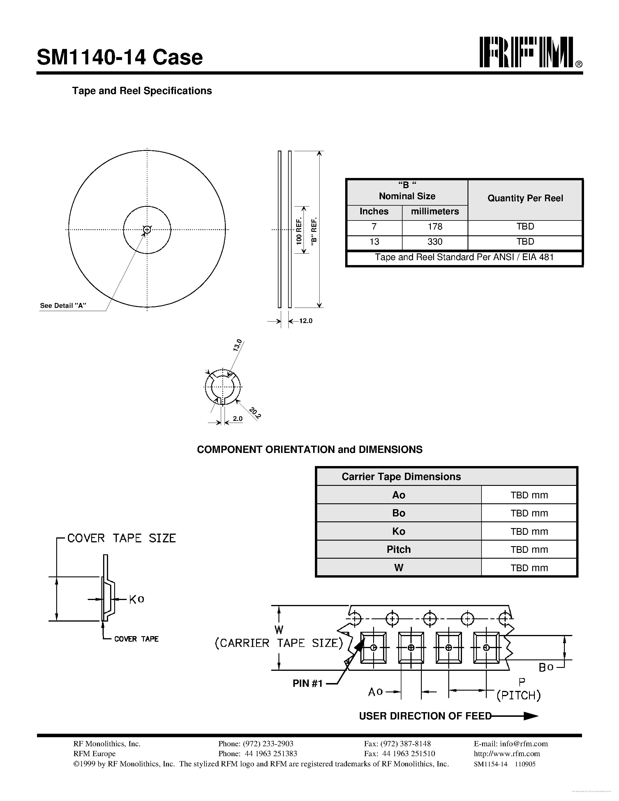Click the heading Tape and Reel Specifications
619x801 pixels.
[142, 91]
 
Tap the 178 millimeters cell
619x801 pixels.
[435, 227]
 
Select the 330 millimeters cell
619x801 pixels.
[435, 242]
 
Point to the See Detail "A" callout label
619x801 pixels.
[63, 306]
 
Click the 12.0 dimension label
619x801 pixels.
[306, 321]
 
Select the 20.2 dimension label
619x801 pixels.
[255, 413]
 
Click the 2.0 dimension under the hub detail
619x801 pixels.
[238, 419]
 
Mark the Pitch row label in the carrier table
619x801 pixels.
[398, 549]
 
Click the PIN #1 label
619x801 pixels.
[307, 683]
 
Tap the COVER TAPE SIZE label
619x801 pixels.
[121, 538]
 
